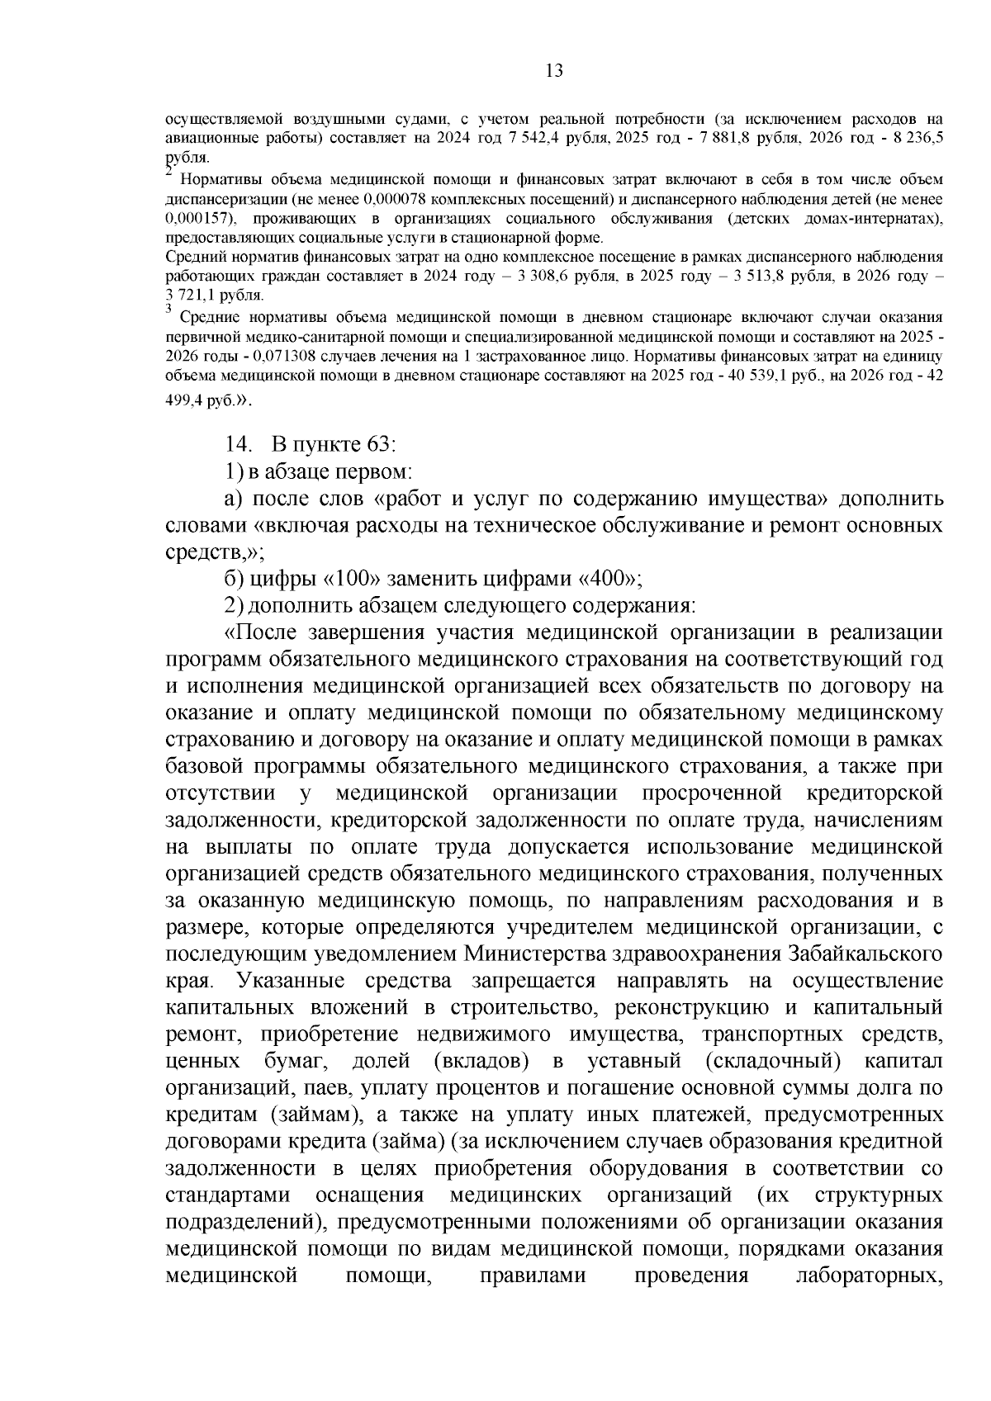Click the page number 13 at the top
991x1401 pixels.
554,71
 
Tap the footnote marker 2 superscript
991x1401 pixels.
168,172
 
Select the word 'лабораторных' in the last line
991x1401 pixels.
868,1276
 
